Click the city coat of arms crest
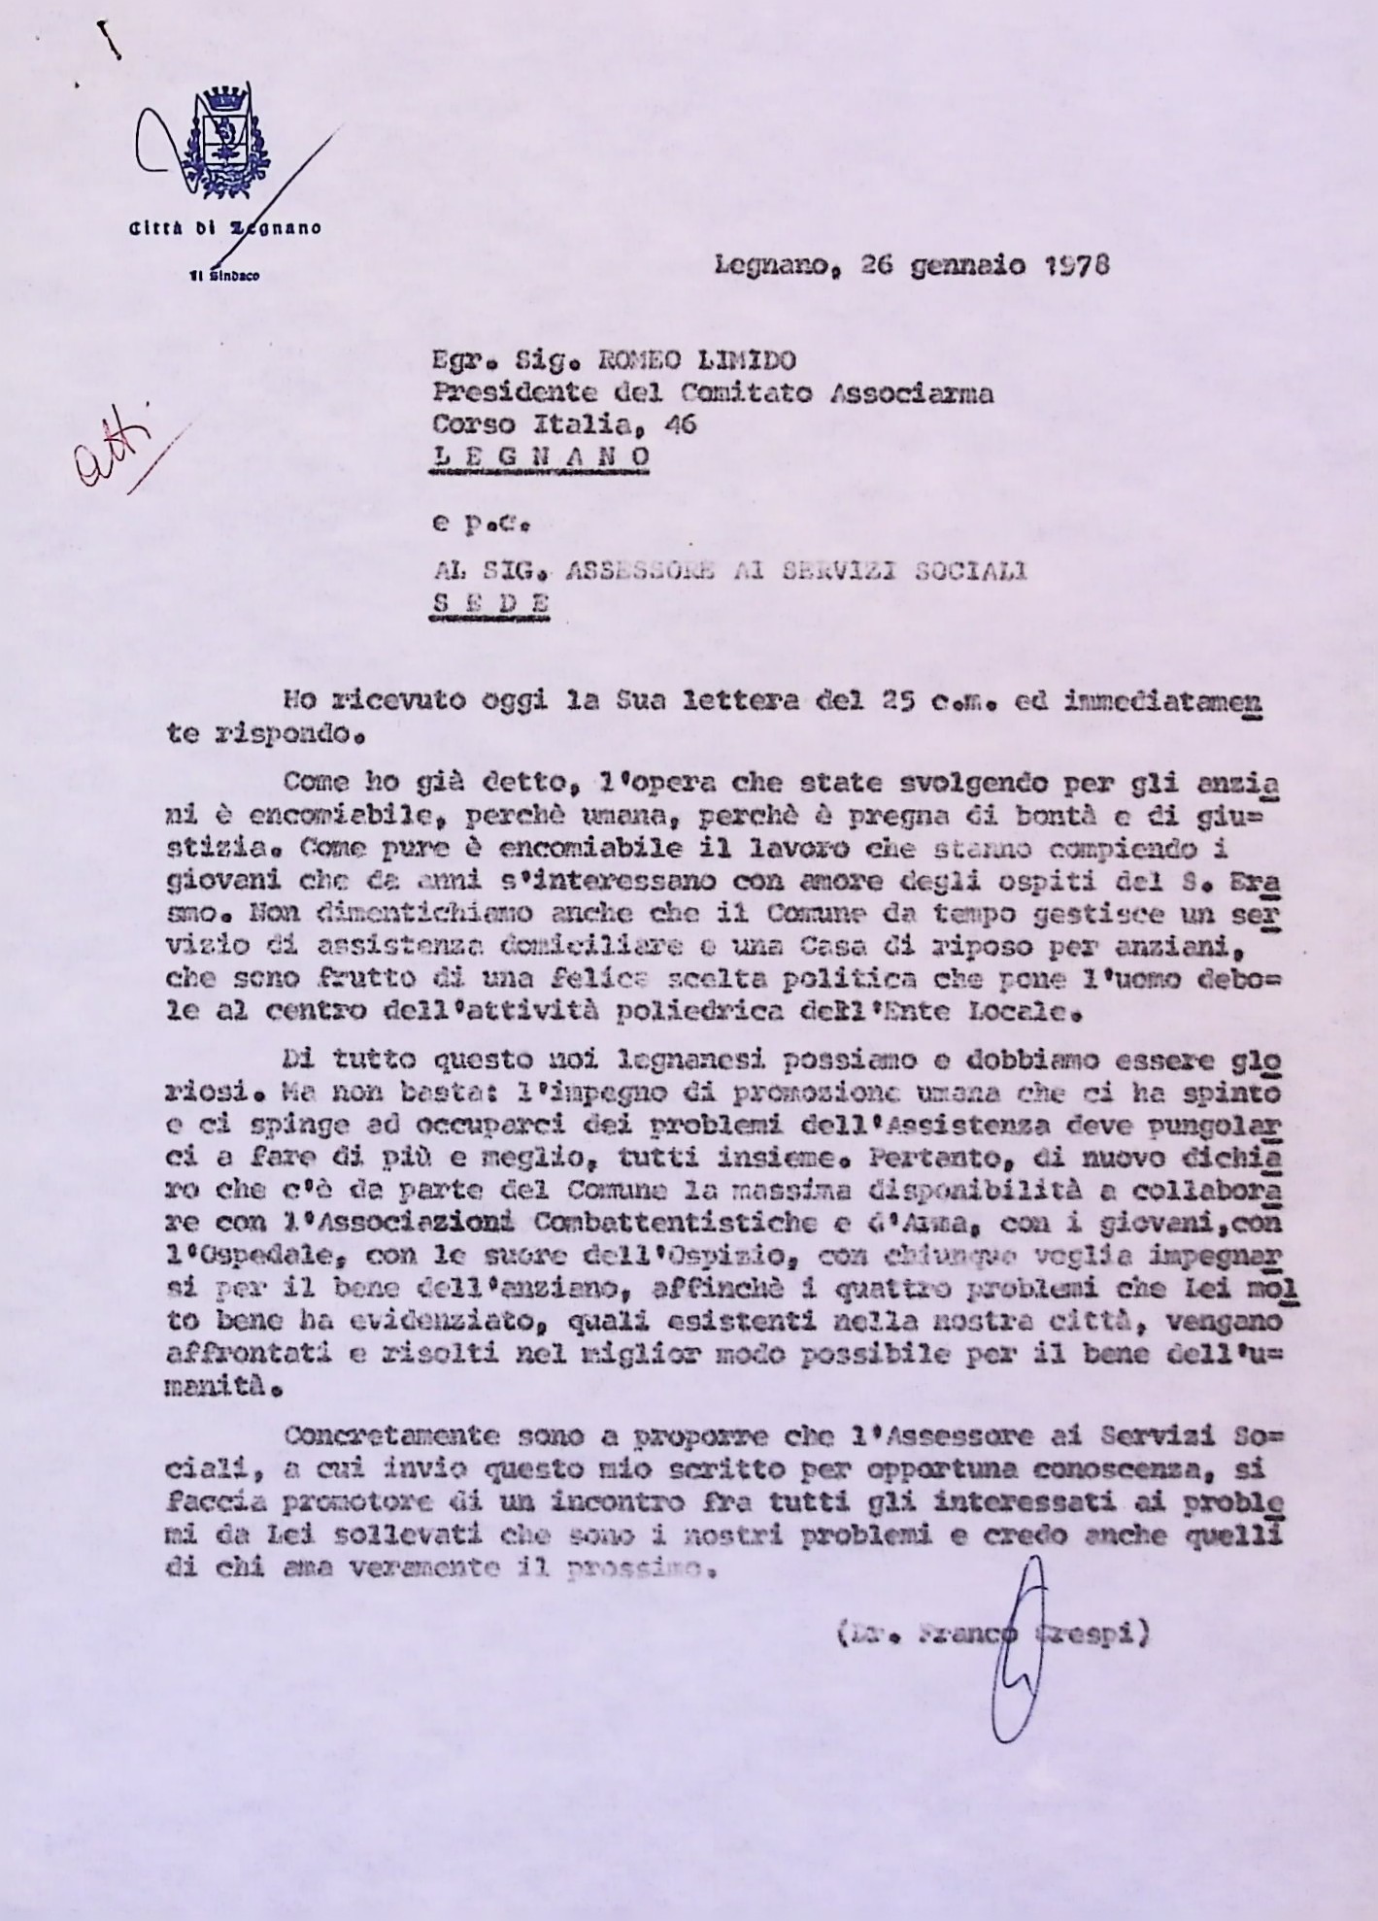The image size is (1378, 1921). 226,141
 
